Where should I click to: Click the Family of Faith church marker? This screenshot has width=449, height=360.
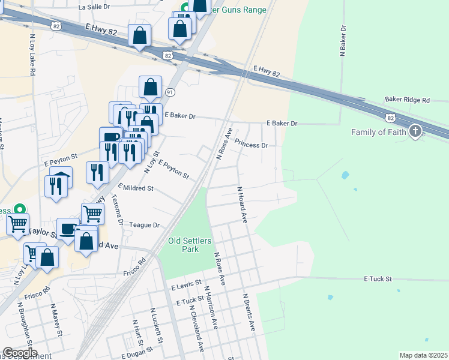point(415,132)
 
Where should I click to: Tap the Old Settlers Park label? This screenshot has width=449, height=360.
point(190,244)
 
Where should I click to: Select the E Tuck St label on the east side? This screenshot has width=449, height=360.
point(378,279)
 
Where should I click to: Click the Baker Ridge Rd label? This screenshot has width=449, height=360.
point(408,100)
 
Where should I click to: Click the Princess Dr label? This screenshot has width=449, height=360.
point(251,145)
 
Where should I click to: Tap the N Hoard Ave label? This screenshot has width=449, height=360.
point(242,205)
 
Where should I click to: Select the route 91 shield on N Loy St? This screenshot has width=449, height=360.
point(170,92)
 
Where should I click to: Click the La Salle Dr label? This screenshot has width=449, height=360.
point(95,7)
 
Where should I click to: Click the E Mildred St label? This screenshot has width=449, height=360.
point(136,188)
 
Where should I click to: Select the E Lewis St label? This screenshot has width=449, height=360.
point(185,287)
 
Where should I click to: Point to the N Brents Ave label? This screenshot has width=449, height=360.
point(249,312)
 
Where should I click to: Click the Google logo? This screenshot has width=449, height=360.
point(20,353)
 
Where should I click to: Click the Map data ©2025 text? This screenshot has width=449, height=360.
point(423,355)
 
